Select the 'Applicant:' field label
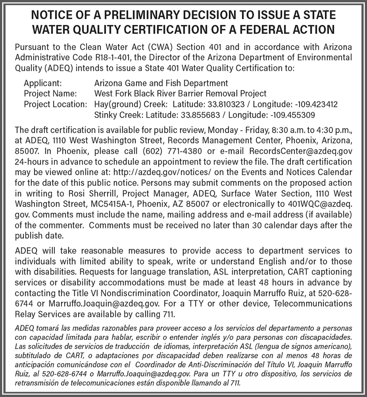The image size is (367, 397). (x=43, y=83)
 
